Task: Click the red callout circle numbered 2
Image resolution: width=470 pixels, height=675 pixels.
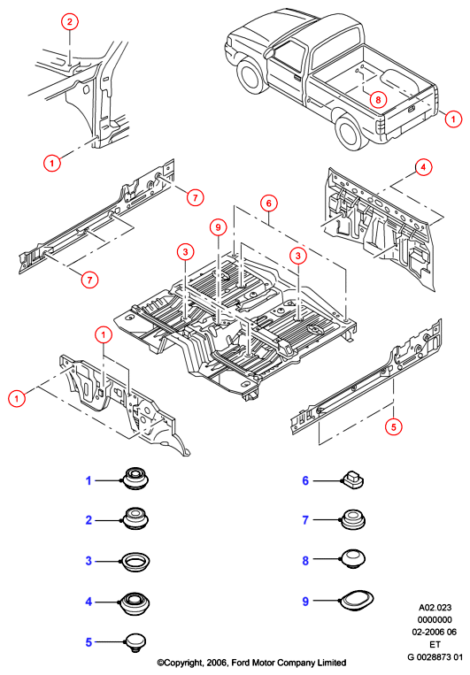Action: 70,21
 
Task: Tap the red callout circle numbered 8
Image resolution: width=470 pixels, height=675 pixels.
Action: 378,100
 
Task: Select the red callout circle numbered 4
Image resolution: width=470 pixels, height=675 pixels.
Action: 423,167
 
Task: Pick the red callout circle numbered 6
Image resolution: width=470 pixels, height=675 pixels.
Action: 269,203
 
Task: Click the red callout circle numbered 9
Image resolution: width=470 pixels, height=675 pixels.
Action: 218,226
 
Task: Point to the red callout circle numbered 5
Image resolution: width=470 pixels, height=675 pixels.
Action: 393,427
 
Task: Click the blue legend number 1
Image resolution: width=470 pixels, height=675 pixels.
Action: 89,480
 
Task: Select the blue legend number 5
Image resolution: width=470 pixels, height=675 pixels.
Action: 89,642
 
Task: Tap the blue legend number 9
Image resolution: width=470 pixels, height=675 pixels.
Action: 305,602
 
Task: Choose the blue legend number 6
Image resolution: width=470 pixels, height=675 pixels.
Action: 305,480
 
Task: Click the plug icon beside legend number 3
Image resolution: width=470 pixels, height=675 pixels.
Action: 135,562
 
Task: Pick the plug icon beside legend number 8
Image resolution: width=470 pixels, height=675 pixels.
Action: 353,558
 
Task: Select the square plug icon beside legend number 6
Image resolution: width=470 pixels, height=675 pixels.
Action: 353,479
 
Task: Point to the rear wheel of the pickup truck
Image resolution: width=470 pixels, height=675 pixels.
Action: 350,132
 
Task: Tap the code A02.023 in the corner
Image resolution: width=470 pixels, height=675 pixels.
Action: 435,608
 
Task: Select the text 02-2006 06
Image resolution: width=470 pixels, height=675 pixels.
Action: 435,632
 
